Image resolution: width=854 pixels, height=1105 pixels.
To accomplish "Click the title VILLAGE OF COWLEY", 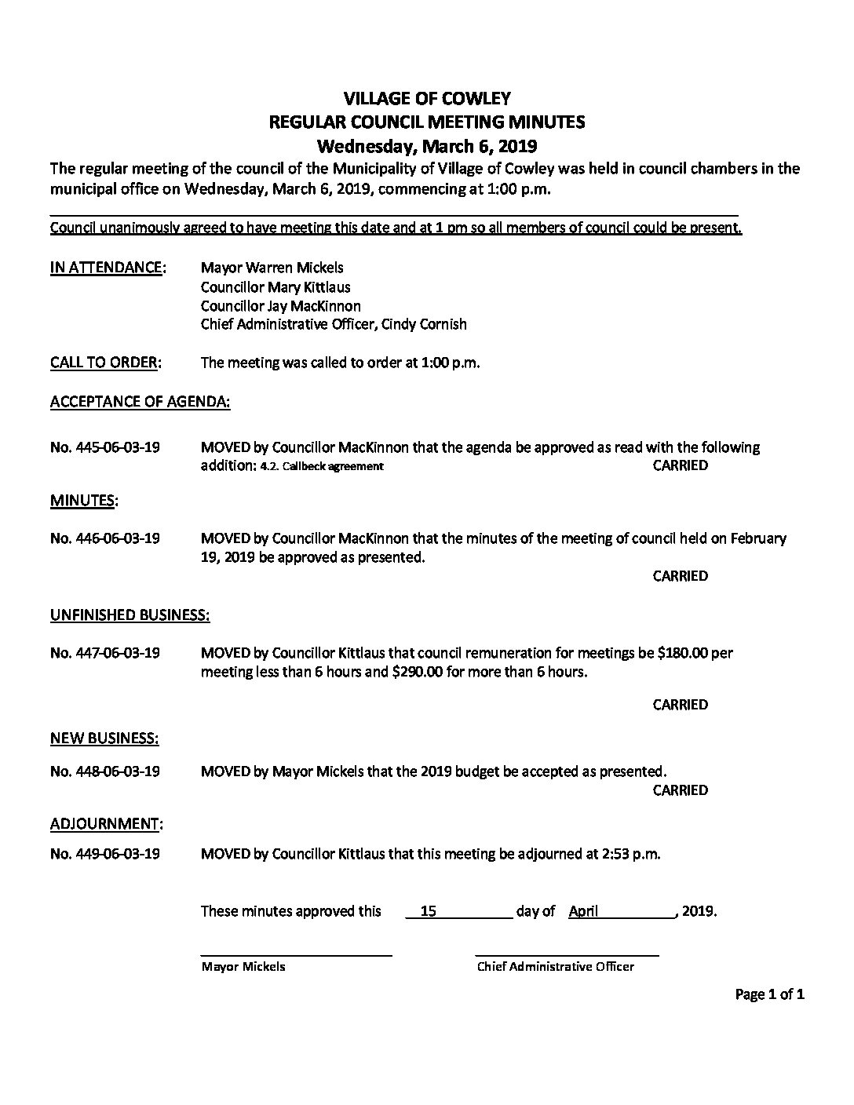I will click(x=427, y=98).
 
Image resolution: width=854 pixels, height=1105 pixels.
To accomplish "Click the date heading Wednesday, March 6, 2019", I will click(x=426, y=145).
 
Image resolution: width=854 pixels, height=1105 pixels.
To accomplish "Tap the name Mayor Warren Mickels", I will click(x=272, y=268).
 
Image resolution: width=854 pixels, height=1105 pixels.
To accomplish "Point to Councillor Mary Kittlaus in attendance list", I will click(x=276, y=286).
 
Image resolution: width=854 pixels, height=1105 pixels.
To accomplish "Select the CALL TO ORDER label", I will click(x=106, y=363).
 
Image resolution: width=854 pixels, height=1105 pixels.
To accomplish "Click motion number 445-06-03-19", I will click(x=105, y=447).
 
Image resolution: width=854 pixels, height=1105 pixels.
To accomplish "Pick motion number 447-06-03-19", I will click(x=105, y=653).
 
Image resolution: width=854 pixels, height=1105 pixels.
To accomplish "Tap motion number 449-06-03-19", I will click(x=105, y=854).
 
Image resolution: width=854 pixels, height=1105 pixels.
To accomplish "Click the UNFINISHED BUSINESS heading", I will click(x=130, y=615).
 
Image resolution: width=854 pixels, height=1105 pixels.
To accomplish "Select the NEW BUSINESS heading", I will click(x=104, y=738).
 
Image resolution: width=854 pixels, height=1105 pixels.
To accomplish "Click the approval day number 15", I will click(x=429, y=911).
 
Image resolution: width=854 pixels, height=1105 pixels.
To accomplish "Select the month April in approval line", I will click(x=583, y=911).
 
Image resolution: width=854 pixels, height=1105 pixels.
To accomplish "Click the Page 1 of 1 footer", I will click(x=769, y=995).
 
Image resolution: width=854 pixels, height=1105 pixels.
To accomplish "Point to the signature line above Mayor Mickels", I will click(x=296, y=955).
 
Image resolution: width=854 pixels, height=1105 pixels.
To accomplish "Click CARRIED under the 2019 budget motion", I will click(x=680, y=790).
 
